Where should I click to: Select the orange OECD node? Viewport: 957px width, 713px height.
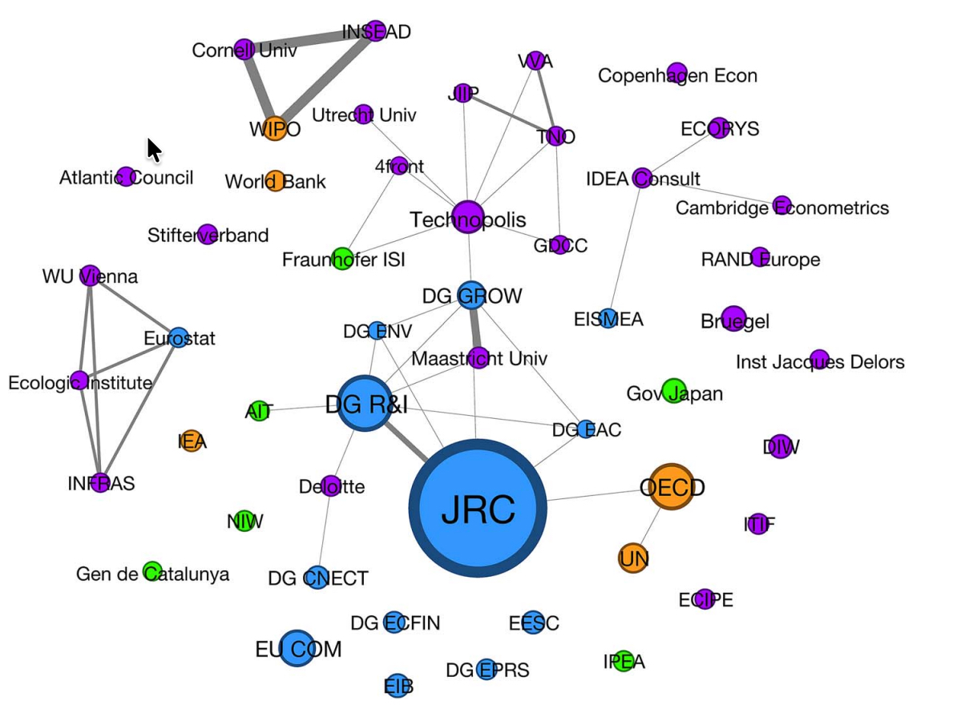pos(671,486)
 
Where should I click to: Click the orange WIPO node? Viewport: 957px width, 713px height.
pos(274,128)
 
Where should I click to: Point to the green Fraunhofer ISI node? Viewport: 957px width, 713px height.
pos(342,258)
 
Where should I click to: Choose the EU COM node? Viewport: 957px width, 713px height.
pos(297,648)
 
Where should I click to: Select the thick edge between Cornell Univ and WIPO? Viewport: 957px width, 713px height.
pos(258,87)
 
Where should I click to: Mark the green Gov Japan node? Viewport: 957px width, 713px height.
pos(674,391)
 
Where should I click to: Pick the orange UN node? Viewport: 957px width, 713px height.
pos(633,558)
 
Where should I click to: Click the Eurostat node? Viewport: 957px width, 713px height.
pos(179,337)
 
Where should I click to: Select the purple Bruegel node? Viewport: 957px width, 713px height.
pos(733,318)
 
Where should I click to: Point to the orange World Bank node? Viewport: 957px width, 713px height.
pos(275,180)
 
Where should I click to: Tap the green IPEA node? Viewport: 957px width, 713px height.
pos(624,661)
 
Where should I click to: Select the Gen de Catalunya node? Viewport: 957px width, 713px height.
pos(151,571)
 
